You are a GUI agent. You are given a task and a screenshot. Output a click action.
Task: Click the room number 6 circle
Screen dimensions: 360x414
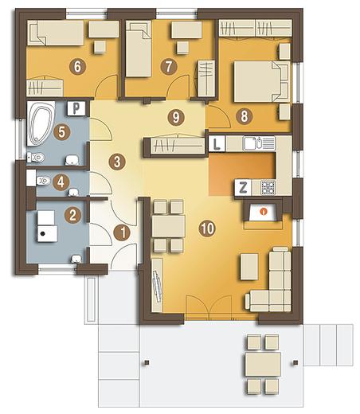point(77,66)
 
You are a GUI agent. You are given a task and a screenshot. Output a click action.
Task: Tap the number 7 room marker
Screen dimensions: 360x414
point(169,66)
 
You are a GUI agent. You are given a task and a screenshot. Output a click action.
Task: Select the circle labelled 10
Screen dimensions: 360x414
point(207,228)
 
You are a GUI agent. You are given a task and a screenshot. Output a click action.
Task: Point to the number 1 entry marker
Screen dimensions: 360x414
point(122,232)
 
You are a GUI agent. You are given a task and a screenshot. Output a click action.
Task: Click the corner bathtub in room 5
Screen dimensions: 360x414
point(41,123)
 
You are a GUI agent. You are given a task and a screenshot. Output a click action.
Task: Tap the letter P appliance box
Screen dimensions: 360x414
point(76,108)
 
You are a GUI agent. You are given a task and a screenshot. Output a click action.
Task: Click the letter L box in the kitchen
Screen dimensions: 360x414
point(217,143)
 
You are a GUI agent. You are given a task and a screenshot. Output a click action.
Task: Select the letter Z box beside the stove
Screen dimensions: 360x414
point(243,188)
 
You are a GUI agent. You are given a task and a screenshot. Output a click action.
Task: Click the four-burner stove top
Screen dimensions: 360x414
point(268,187)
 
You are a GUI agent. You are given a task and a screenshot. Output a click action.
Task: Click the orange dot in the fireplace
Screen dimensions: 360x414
point(264,211)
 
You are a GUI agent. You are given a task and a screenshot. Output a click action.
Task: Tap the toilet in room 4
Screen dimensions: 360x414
point(43,181)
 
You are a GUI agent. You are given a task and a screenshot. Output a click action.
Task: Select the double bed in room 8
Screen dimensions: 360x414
point(261,81)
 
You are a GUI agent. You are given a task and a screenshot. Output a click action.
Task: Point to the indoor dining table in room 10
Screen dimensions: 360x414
point(169,226)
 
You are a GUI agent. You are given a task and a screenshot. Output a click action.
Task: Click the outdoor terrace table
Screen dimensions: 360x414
point(263,364)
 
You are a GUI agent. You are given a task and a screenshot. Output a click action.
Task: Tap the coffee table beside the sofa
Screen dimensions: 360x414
point(249,267)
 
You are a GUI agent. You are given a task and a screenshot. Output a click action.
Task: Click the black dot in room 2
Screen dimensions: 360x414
point(42,233)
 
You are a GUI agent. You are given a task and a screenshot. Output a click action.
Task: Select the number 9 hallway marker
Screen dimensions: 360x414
point(176,117)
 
